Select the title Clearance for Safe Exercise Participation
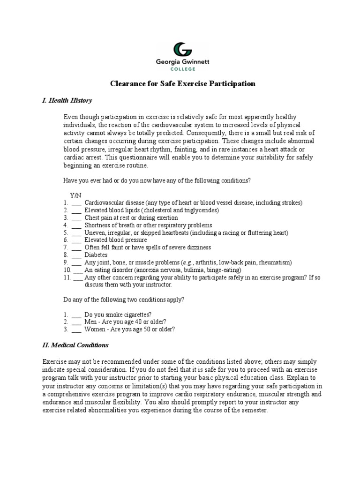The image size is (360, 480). click(x=182, y=84)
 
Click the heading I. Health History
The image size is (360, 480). click(x=67, y=100)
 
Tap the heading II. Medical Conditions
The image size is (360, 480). click(x=75, y=345)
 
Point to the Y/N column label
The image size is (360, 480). click(x=76, y=195)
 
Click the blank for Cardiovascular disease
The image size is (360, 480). click(x=76, y=203)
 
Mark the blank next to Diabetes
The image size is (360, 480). click(x=76, y=255)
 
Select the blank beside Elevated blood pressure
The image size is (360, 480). click(x=76, y=240)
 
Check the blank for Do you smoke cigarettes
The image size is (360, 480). click(x=76, y=315)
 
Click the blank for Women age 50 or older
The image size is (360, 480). click(x=76, y=330)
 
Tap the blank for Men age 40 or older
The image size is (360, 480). click(x=76, y=322)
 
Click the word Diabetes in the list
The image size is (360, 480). click(x=96, y=255)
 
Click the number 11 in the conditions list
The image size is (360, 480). click(x=67, y=278)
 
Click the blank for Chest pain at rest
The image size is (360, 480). click(x=76, y=218)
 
